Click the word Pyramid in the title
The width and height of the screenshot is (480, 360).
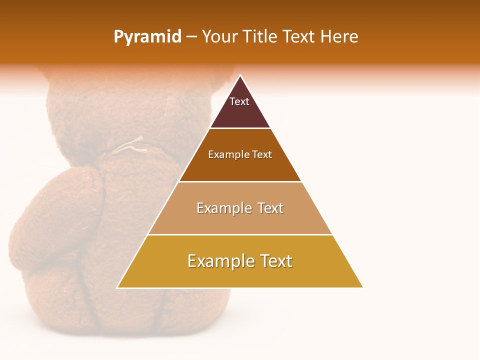(x=147, y=37)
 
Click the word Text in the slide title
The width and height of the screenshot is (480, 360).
(x=299, y=37)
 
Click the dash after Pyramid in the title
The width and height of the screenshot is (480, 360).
(x=191, y=37)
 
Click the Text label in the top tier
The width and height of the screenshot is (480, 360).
(x=239, y=101)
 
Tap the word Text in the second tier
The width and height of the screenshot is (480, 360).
(x=262, y=155)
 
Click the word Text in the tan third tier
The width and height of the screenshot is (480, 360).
(x=270, y=208)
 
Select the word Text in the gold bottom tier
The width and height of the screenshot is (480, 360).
(x=276, y=261)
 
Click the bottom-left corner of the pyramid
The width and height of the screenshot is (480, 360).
(x=117, y=287)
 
